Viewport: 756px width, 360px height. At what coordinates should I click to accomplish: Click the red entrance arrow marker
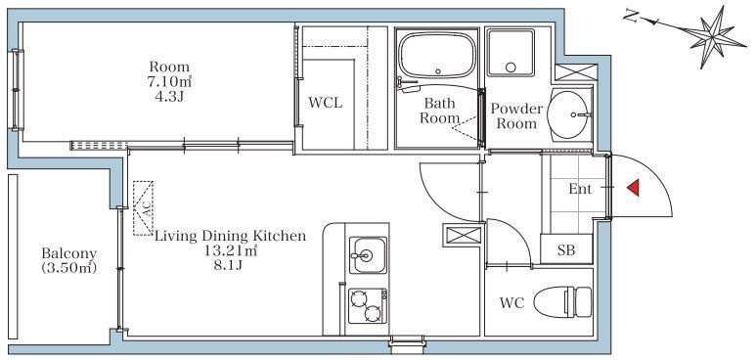(634, 187)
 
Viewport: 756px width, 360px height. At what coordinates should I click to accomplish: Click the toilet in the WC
(563, 301)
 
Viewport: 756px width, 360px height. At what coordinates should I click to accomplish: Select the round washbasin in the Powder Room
(568, 114)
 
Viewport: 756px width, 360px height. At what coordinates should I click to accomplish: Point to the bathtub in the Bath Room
(437, 56)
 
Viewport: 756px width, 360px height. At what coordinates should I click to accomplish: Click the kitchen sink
(368, 254)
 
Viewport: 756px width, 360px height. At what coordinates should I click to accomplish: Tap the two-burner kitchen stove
(368, 306)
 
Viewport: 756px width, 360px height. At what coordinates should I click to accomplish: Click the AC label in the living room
(147, 208)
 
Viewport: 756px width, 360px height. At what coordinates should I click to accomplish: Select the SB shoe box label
(566, 250)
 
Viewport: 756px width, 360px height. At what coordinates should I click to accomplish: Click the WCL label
(326, 103)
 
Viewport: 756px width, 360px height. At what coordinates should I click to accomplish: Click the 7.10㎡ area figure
(169, 81)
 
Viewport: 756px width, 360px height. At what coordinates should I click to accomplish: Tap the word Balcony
(68, 253)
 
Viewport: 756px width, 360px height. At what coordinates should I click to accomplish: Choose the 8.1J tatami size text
(228, 265)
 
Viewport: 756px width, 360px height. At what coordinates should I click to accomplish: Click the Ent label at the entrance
(580, 189)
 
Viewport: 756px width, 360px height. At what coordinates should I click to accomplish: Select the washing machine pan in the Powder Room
(511, 53)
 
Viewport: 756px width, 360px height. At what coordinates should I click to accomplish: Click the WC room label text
(511, 303)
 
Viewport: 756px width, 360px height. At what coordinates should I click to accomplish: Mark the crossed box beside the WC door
(463, 236)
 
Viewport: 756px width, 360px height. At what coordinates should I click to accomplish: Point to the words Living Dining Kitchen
(230, 237)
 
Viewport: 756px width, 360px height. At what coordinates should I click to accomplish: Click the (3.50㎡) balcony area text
(68, 267)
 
